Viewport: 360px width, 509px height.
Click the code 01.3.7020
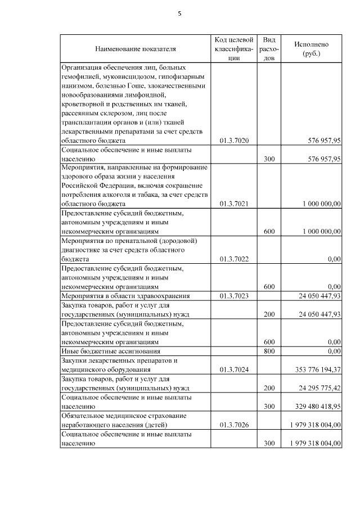click(x=233, y=140)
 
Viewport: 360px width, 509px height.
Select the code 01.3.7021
click(x=233, y=204)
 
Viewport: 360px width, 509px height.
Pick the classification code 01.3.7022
click(x=233, y=259)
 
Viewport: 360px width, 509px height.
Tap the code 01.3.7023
click(x=233, y=296)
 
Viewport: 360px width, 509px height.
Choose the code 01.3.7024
click(x=233, y=370)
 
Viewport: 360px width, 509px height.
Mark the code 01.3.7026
click(x=233, y=425)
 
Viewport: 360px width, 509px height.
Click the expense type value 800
click(x=269, y=351)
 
